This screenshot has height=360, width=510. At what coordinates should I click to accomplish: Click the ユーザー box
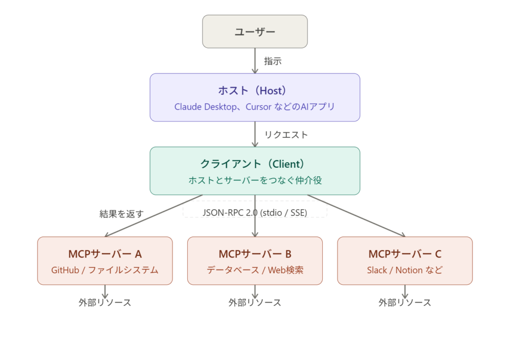pos(255,32)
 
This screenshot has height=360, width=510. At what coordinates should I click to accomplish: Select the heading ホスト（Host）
pos(255,91)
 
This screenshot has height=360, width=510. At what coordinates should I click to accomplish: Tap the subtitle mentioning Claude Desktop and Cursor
pos(255,107)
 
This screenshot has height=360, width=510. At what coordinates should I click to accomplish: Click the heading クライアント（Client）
pos(255,164)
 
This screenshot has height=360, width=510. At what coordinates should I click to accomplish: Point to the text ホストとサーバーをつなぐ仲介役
pos(255,180)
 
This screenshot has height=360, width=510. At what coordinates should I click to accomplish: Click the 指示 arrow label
pos(273,61)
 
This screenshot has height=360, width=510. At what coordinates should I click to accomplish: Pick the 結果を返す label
pos(122,214)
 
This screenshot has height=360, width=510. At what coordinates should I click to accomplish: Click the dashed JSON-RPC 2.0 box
pos(255,212)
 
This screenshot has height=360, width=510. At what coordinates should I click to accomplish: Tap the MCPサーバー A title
pos(105,254)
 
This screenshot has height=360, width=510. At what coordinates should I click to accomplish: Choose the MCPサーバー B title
pos(255,254)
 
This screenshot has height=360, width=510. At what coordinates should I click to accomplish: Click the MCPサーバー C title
pos(405,254)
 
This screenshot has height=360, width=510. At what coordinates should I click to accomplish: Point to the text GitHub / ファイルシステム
pos(105,270)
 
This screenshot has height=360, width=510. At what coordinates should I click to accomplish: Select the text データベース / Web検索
pos(255,270)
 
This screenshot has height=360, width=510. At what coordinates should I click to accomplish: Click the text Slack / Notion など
pos(405,270)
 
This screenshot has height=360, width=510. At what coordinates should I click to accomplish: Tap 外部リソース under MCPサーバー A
pos(105,302)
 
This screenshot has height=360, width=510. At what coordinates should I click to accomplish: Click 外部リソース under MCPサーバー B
pos(255,302)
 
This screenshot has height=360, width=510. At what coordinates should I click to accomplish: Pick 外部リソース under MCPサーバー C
pos(405,302)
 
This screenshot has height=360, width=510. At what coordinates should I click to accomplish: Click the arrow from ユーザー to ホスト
pos(255,61)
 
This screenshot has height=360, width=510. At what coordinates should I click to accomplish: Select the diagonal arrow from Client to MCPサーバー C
pos(356,216)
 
